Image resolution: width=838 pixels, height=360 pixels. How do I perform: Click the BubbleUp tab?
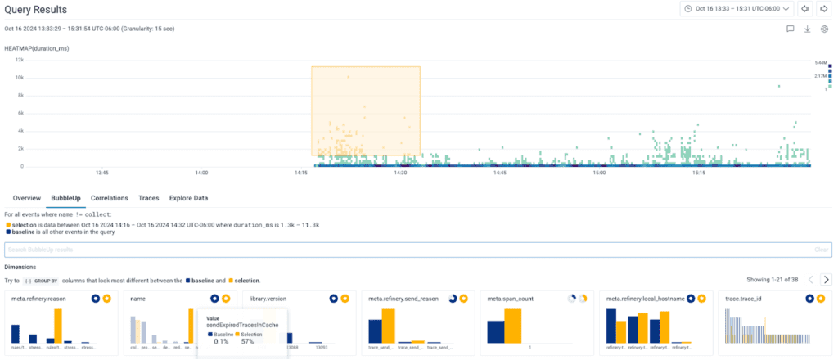pos(65,198)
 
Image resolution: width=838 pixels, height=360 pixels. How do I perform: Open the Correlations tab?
pos(109,198)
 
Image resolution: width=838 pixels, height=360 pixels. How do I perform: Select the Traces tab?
pos(148,198)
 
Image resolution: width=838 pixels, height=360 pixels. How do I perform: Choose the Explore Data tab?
pos(188,198)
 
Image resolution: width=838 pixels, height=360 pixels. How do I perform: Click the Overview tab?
pos(27,198)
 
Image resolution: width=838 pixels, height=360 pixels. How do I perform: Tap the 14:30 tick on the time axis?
pos(399,173)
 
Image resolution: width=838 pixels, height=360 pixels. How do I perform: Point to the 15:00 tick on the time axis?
pos(599,173)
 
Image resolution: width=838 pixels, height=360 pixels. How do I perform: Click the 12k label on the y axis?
pos(19,60)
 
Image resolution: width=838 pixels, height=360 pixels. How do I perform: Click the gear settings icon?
pos(825,29)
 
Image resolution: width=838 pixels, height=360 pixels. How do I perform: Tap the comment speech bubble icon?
pos(791,29)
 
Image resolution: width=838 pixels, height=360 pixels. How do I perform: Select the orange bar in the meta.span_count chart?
pos(513,326)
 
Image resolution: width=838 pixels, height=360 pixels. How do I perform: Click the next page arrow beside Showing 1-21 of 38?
pos(826,279)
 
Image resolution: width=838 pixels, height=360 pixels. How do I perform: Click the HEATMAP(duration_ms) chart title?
pos(37,48)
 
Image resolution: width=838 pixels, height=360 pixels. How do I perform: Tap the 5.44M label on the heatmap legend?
pos(821,62)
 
